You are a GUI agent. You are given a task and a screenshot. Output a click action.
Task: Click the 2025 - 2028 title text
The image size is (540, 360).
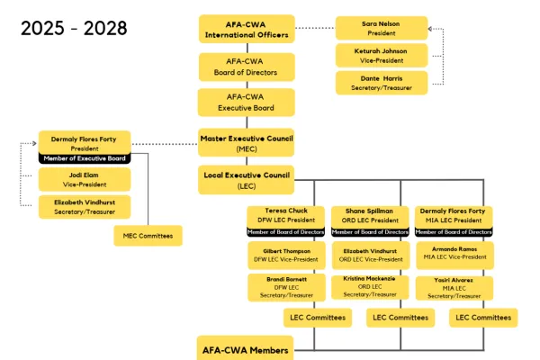tap(74, 28)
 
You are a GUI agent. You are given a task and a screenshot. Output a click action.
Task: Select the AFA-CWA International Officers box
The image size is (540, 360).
tap(247, 29)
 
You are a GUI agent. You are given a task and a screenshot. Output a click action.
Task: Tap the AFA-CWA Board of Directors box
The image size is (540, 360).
tap(247, 67)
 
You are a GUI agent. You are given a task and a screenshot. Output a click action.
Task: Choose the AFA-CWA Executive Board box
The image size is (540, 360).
tap(247, 101)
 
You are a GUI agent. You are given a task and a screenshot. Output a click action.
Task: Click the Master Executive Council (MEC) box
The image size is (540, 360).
tap(247, 142)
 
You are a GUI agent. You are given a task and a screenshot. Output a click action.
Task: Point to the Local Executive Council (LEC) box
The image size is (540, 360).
tap(247, 179)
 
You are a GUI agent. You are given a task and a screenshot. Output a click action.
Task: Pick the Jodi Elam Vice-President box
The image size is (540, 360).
tap(85, 178)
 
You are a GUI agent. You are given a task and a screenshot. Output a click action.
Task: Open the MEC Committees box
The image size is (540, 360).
tap(148, 236)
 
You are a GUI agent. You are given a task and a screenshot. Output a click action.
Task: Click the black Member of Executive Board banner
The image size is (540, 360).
tap(85, 158)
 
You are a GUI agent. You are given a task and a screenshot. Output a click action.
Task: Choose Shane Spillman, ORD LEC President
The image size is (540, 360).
tap(369, 215)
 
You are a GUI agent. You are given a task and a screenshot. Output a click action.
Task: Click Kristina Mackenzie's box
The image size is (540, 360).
tap(369, 287)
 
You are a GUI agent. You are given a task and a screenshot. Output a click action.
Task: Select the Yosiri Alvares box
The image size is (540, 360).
tap(454, 287)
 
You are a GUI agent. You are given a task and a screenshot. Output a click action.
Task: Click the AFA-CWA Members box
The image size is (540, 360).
tap(247, 349)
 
